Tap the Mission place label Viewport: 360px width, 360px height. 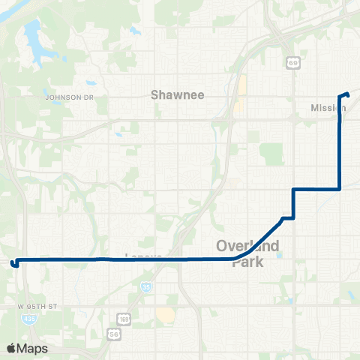tap(328, 108)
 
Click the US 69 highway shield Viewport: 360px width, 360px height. tap(293, 64)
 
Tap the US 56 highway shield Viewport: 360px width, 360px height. tap(113, 332)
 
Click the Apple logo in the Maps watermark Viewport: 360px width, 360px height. tap(11, 348)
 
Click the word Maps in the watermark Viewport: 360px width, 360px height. tap(34, 348)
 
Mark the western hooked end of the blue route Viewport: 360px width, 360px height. tap(13, 263)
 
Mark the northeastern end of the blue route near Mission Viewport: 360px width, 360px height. tap(349, 93)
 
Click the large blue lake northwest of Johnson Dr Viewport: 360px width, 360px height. tap(32, 34)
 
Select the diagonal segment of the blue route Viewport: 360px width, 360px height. tap(259, 238)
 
